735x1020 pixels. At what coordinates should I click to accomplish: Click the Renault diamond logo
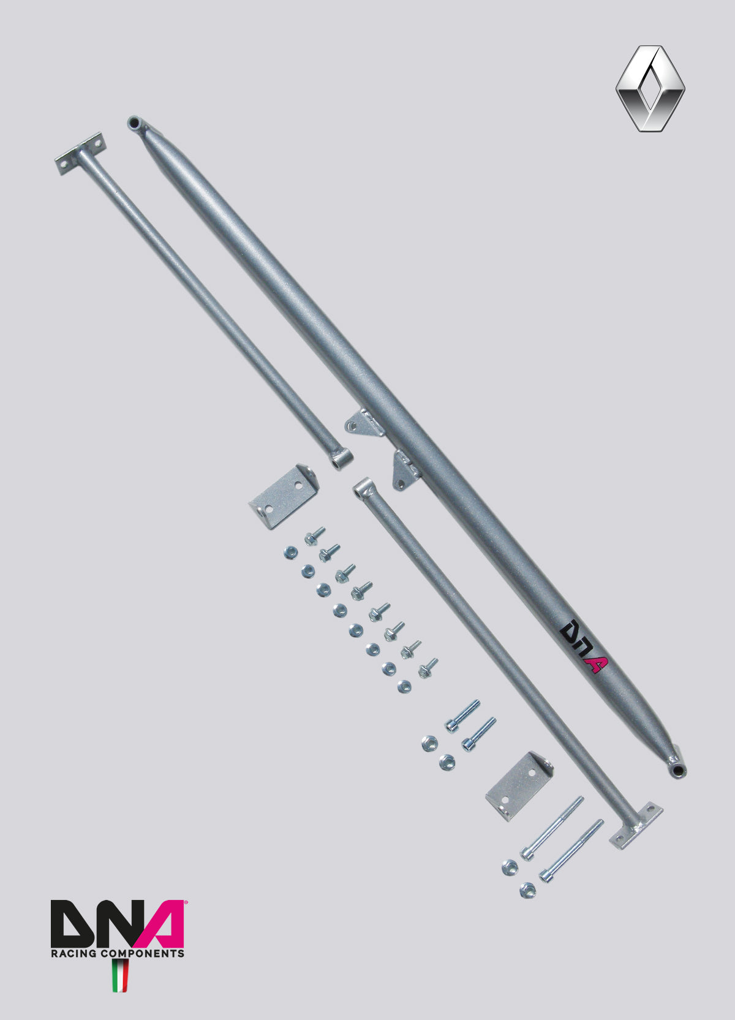coord(650,89)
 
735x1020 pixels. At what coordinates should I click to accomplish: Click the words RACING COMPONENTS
coord(118,953)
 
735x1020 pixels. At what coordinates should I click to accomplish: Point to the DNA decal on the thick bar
coord(583,646)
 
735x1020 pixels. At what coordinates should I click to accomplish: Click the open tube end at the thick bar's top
coord(134,123)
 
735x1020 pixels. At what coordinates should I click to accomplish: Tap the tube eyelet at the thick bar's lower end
coord(677,769)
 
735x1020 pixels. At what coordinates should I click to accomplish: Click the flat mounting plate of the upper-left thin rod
coord(81,153)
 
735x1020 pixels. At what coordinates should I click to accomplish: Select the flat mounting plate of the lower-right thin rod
coord(636,825)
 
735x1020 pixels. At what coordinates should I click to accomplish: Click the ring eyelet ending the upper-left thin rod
coord(341,459)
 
